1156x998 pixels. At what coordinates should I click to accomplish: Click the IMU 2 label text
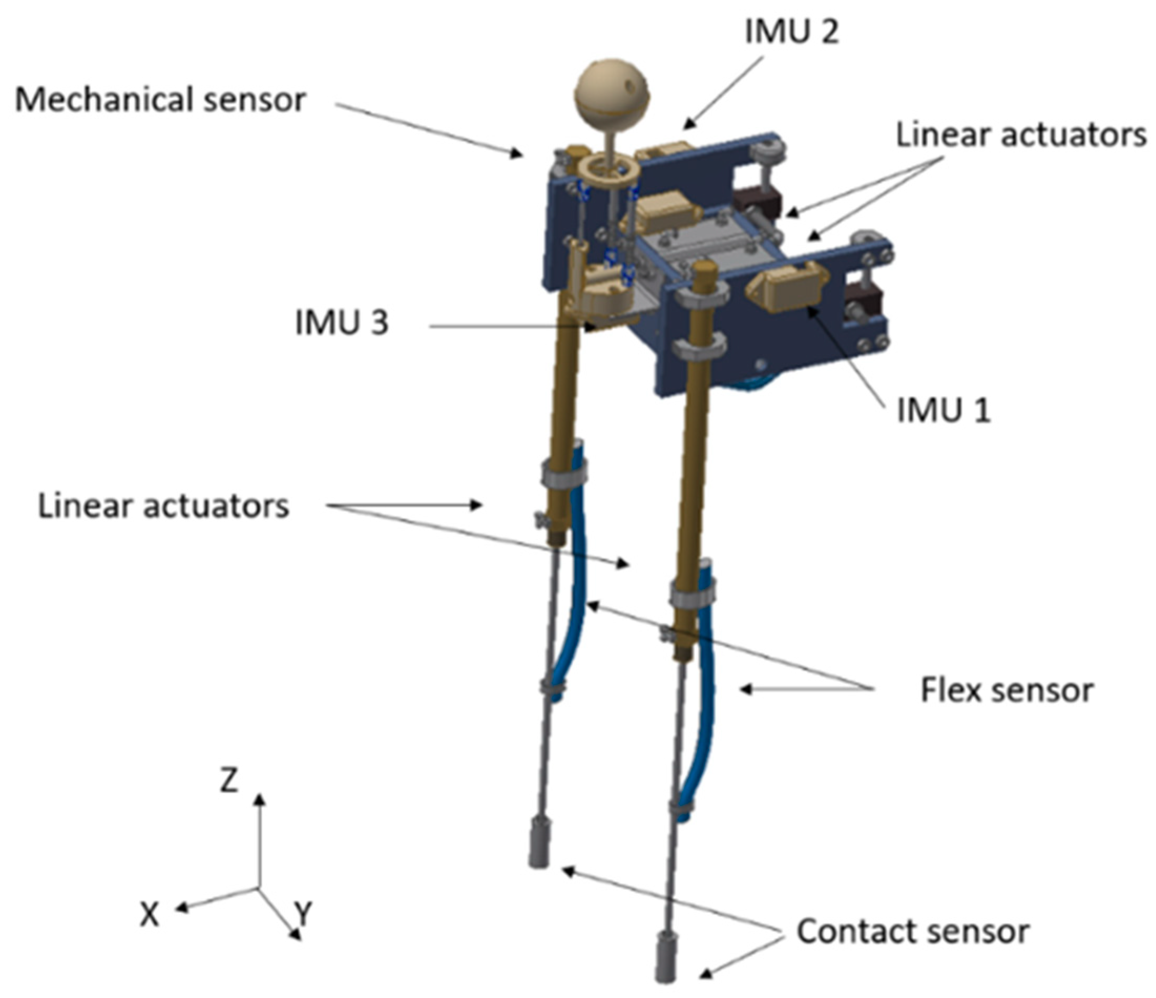coord(791,33)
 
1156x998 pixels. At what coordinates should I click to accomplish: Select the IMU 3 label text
coord(341,322)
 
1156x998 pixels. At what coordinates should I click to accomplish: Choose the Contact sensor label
coord(913,931)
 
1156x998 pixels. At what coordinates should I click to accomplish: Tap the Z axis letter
coord(229,781)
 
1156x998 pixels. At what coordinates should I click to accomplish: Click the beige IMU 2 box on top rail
coord(665,151)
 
